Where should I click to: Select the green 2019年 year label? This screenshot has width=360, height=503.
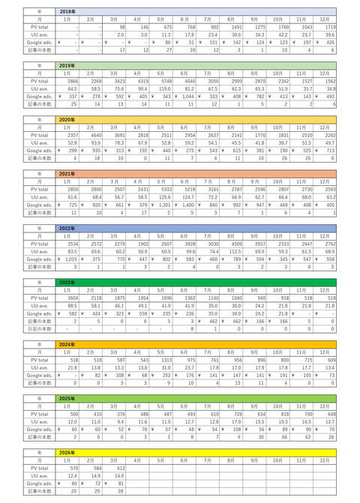pos(67,66)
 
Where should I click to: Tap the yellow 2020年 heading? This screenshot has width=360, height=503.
pos(67,119)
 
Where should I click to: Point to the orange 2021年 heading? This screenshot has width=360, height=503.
pos(67,172)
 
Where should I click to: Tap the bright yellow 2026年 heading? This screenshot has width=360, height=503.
pos(67,452)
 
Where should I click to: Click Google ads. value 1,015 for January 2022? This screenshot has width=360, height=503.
pos(70,257)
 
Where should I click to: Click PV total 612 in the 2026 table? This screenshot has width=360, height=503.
pos(118,468)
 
